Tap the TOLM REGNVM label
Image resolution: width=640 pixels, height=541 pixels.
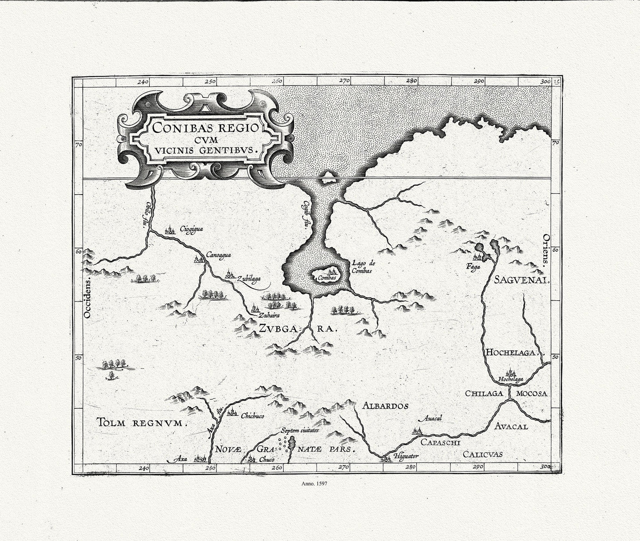click(141, 423)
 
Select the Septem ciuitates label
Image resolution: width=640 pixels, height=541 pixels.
click(299, 430)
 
